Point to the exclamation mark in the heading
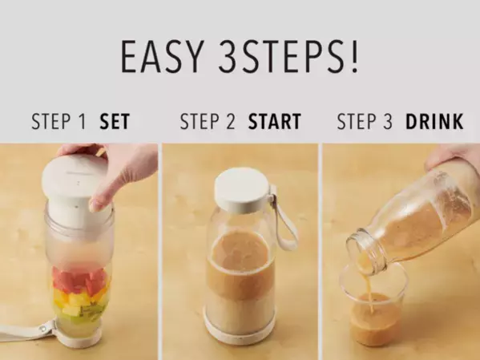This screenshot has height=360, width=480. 354,56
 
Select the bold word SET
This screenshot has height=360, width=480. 115,121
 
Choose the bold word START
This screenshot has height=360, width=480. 275,121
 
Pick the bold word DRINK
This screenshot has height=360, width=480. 434,121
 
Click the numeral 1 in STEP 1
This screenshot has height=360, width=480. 82,121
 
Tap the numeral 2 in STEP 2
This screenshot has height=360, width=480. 230,121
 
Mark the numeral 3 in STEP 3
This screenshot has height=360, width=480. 387,121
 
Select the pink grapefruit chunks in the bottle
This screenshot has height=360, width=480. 80,281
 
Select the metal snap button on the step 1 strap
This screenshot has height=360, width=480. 42,329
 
